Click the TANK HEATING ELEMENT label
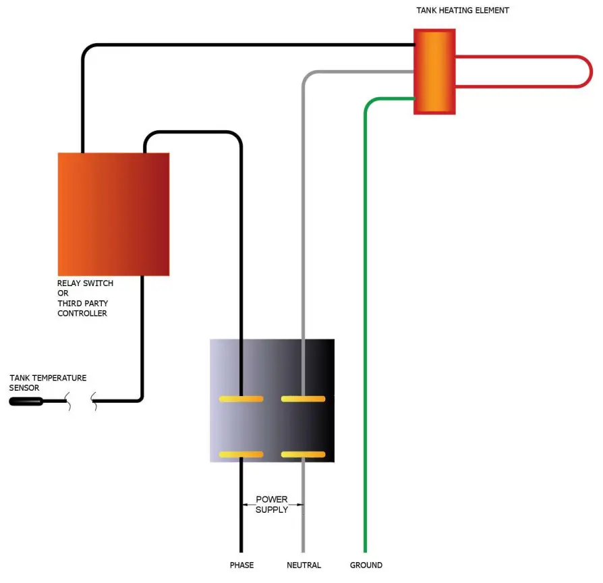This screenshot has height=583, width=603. [462, 10]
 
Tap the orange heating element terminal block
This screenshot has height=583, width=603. [434, 71]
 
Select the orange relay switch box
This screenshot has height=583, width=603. [113, 214]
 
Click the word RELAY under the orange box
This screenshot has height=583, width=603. [70, 283]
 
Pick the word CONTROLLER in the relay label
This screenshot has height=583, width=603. [82, 314]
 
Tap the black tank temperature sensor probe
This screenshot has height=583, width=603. [26, 401]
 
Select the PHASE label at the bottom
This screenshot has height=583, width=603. [241, 565]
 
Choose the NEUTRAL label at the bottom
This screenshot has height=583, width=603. [304, 565]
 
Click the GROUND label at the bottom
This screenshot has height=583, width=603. [366, 565]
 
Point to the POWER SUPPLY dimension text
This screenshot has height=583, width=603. [272, 504]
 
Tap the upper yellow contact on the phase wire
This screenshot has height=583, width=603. [241, 399]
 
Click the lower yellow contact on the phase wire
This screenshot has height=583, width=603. [241, 454]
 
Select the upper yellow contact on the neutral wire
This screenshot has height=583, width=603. [303, 399]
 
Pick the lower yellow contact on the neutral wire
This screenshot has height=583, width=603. [303, 454]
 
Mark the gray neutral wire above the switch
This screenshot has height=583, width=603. [304, 202]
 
